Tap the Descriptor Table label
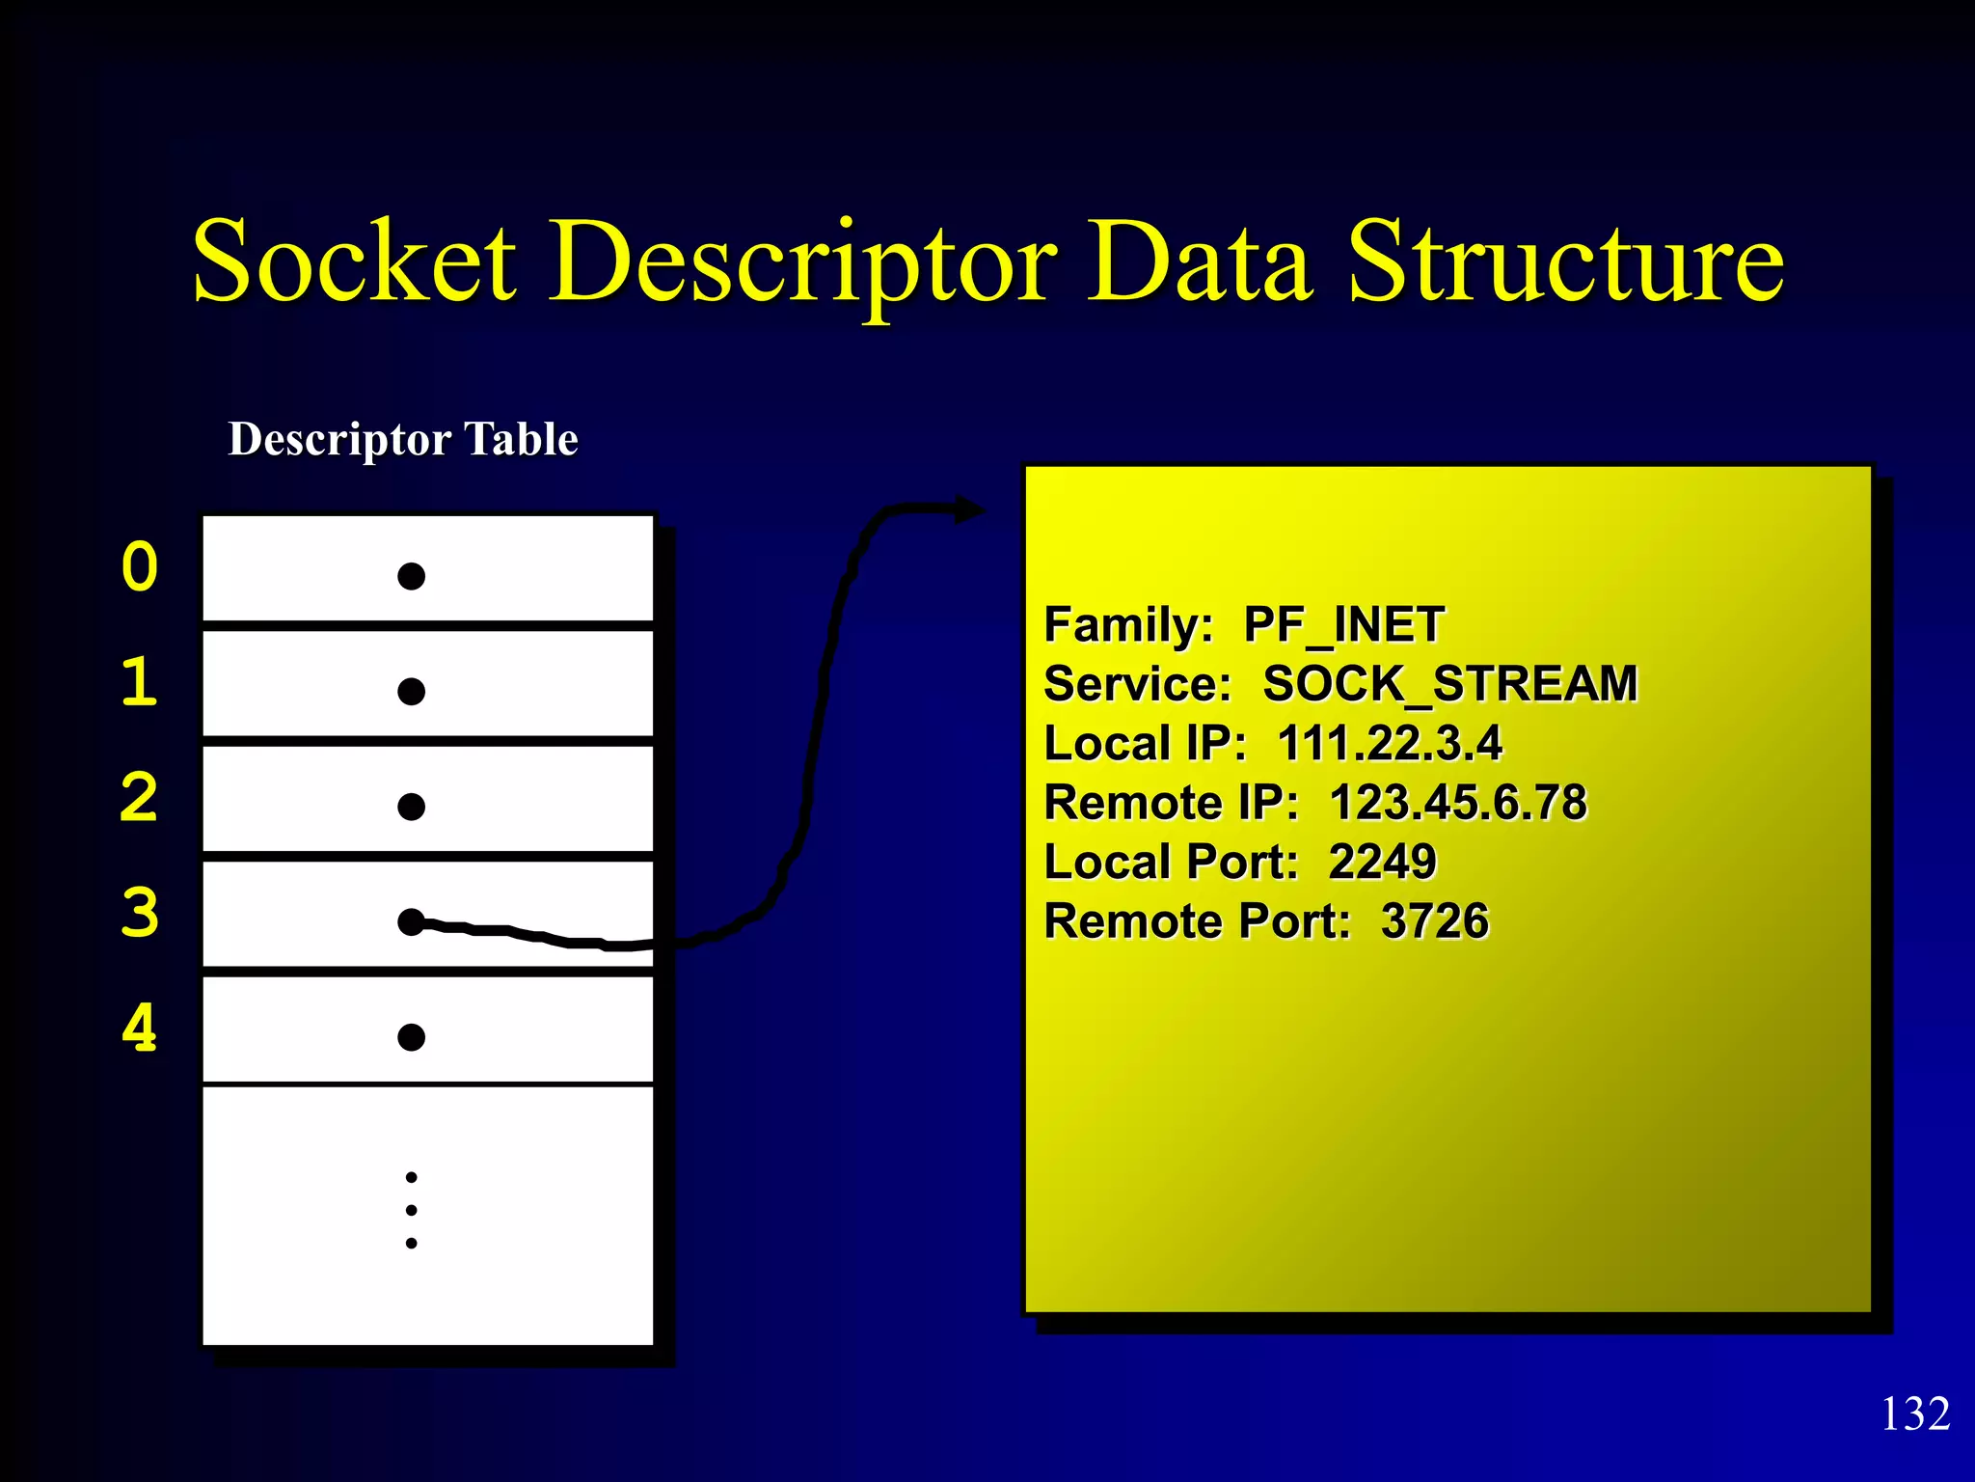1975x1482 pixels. [403, 440]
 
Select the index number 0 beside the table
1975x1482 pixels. [140, 567]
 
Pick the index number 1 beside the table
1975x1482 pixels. [140, 682]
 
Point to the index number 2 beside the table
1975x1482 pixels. [140, 798]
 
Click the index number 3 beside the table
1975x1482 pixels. [140, 913]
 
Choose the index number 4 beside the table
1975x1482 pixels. [140, 1028]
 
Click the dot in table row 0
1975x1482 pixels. [412, 576]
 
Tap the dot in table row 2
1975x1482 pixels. [412, 807]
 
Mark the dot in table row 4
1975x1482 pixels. [412, 1037]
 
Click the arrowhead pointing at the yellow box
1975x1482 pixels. [969, 509]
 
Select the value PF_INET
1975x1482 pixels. [1343, 625]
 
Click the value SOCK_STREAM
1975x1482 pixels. [1449, 684]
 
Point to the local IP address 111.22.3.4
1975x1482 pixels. [1390, 744]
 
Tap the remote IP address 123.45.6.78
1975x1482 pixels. [1458, 803]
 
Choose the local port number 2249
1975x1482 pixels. [1382, 862]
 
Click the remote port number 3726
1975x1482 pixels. [1435, 921]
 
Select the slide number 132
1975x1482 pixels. [1915, 1414]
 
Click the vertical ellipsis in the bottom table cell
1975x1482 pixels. [412, 1210]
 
